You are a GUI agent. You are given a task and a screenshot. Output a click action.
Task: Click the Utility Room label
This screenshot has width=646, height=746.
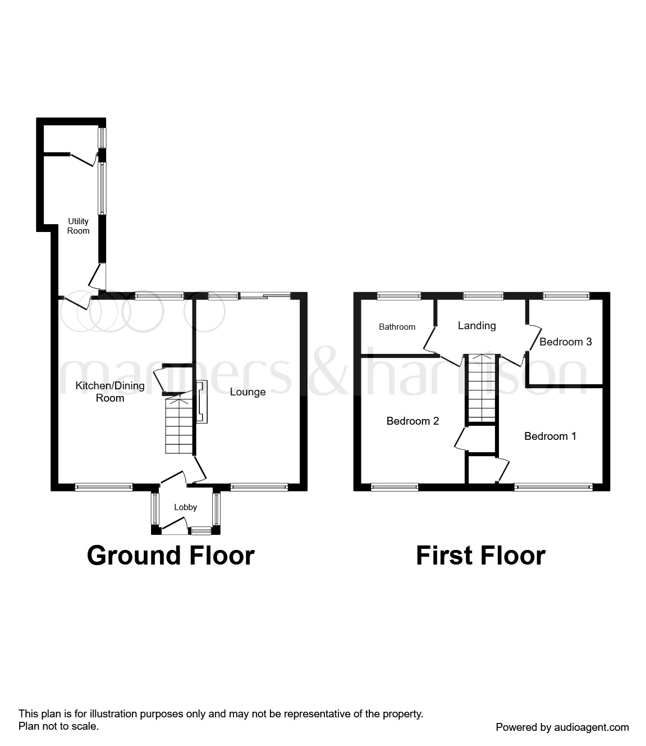tap(78, 226)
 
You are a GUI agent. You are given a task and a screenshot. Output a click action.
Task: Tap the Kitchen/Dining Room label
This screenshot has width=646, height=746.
tap(110, 392)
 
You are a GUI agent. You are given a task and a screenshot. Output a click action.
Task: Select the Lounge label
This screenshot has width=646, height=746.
tap(248, 392)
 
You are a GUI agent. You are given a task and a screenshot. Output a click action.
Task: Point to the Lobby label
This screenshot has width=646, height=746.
tap(185, 507)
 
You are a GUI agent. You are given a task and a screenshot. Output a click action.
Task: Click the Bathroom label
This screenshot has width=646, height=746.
tap(397, 327)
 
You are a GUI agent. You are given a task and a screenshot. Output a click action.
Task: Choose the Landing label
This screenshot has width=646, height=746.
tap(477, 325)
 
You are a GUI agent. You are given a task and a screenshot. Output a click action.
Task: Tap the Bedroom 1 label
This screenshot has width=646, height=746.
tap(550, 436)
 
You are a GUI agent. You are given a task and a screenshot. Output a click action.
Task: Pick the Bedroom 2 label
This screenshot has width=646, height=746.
tap(413, 421)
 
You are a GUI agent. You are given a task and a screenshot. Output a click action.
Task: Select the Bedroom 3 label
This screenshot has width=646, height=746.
tap(565, 342)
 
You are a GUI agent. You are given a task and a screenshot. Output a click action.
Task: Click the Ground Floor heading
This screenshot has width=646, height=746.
tap(171, 555)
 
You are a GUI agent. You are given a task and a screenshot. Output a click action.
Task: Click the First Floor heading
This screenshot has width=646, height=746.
tap(480, 555)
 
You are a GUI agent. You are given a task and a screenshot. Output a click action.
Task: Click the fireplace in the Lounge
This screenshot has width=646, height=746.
tap(201, 402)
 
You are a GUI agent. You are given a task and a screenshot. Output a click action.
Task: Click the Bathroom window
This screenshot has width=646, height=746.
tap(399, 295)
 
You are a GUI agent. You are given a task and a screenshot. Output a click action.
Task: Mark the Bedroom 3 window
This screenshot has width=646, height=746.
tap(566, 295)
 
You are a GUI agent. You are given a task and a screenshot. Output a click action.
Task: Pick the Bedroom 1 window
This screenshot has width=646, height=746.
tap(553, 487)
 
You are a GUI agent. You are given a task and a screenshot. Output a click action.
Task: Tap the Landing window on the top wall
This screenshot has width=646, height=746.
tap(483, 295)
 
